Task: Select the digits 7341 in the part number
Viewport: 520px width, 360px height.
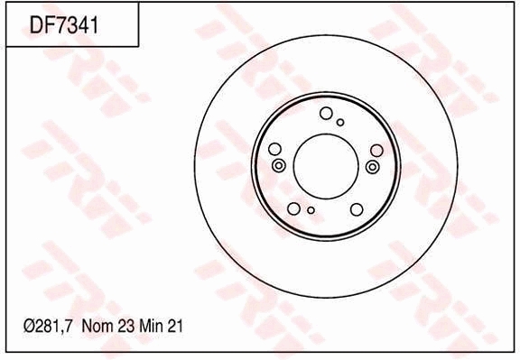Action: click(78, 25)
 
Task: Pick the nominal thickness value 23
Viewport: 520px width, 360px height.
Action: click(124, 328)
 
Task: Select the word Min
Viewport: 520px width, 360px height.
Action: click(151, 328)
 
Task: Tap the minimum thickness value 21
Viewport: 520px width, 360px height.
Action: click(176, 328)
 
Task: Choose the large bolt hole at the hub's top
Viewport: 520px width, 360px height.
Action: click(326, 113)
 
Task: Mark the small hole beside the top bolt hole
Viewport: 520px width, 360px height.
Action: click(340, 122)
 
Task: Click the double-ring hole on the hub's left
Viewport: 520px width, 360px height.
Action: click(278, 166)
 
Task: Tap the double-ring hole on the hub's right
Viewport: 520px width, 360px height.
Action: click(373, 167)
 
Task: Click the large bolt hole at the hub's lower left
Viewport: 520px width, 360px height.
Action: click(294, 208)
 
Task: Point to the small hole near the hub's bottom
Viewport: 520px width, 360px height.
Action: click(311, 211)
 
